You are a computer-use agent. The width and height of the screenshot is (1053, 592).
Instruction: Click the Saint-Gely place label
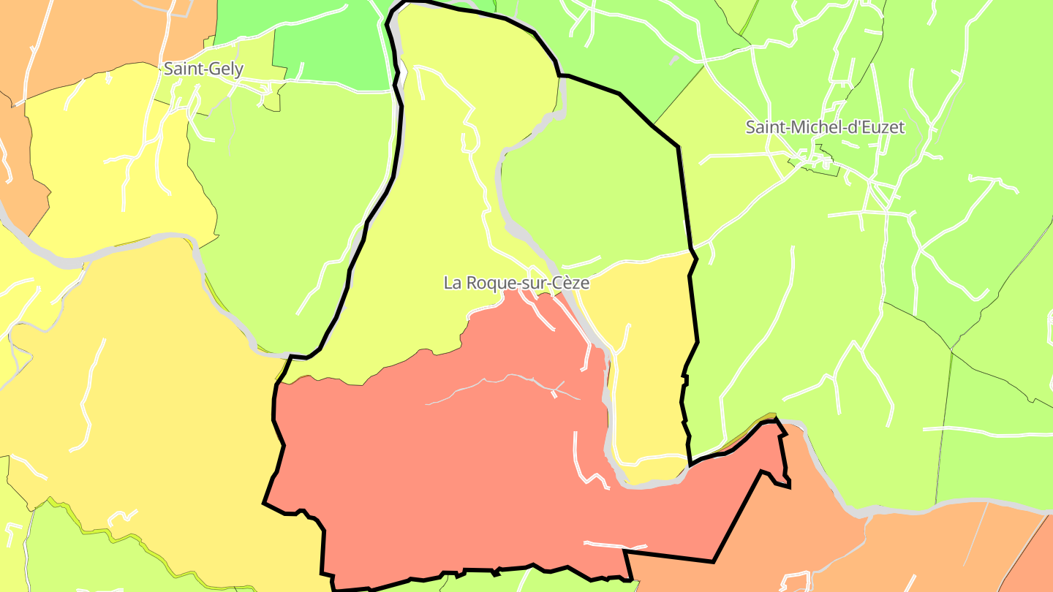203,69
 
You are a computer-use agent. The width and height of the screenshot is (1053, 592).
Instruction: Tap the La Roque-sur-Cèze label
516,283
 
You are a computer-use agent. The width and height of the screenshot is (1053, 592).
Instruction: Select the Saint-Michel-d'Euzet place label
825,127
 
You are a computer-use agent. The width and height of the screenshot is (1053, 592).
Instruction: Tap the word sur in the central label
530,283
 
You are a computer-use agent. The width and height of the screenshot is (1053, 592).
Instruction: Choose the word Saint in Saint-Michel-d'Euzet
763,127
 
